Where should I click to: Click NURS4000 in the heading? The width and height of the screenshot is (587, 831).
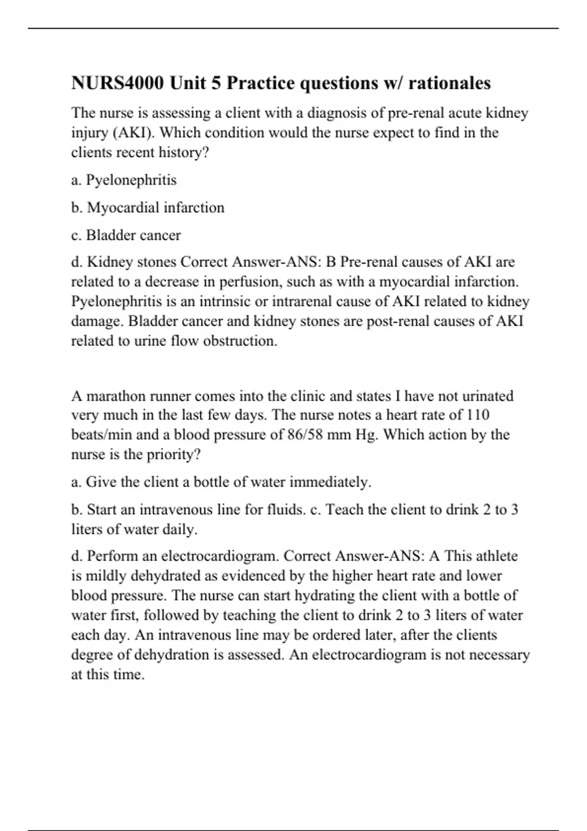(x=118, y=83)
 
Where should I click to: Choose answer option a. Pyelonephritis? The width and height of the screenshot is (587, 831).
(x=124, y=180)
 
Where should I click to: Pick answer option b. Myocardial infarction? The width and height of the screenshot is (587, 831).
(x=148, y=208)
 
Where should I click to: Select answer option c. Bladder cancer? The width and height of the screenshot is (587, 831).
(x=126, y=235)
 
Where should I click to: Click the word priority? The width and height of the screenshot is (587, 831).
(x=173, y=455)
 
